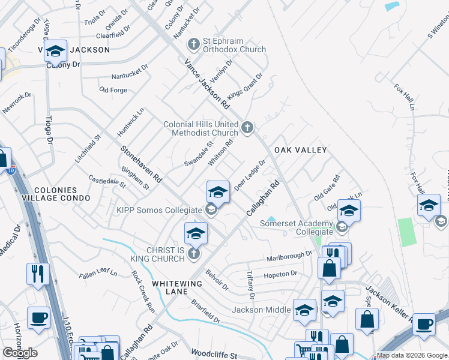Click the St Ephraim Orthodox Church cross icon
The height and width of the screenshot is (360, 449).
[x=193, y=44]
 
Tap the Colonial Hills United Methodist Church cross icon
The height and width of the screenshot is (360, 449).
[x=247, y=127]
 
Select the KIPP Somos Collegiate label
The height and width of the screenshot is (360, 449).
[x=158, y=210]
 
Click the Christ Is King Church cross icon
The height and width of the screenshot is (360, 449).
[x=193, y=254]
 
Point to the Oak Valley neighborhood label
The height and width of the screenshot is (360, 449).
[x=300, y=149]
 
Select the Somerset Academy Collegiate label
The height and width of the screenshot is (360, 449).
[x=297, y=227]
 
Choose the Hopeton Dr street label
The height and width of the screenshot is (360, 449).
[x=280, y=275]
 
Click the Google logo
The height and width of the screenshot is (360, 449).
[x=20, y=353]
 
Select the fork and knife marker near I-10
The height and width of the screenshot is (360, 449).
[x=38, y=274]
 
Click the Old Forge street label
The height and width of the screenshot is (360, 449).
[x=113, y=90]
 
